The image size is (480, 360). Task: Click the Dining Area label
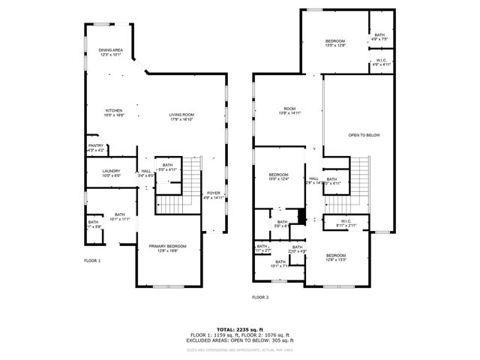click(110, 52)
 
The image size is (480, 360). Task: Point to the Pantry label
click(96, 148)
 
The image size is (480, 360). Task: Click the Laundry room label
click(111, 173)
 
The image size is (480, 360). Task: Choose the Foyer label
click(214, 196)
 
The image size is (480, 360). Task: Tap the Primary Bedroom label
click(167, 249)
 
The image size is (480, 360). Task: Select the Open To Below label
click(364, 135)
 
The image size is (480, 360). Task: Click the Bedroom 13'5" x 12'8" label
click(334, 43)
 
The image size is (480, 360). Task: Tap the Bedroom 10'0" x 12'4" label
click(279, 176)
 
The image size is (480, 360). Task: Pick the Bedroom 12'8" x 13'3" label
click(335, 259)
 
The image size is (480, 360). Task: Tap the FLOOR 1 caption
click(91, 260)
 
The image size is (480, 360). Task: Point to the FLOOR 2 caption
click(259, 297)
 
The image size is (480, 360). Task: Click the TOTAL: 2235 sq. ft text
click(240, 329)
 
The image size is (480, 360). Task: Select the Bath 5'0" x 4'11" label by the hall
click(167, 167)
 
